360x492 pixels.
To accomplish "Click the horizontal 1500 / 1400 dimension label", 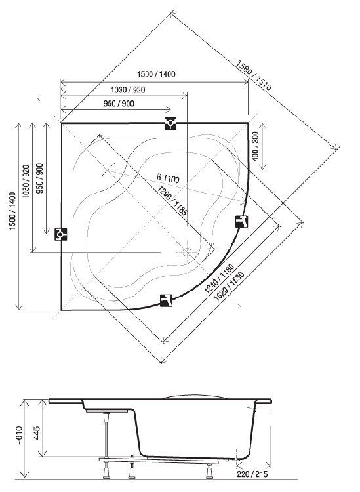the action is pos(156,74).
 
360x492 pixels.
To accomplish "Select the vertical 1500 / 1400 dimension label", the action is pos(12,211).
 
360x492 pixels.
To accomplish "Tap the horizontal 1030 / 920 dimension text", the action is pos(128,90).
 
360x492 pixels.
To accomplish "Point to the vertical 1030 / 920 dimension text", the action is pos(26,181).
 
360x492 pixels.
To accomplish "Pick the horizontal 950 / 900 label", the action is pos(119,104).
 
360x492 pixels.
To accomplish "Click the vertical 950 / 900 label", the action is pos(40,178).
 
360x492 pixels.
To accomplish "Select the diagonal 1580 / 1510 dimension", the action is pos(253,75).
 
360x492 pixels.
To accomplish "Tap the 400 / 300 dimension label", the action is pos(256,146).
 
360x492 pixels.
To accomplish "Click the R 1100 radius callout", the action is pos(168,178).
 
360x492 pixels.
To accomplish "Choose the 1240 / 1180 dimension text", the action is pos(219,278).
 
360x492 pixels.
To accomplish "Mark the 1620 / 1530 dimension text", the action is pos(229,286).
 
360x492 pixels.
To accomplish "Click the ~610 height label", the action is pos(20,435).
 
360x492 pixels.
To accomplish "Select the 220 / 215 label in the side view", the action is pos(252,474).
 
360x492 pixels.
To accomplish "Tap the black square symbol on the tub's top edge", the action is pos(170,123).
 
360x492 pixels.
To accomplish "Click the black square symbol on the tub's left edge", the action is pos(61,234).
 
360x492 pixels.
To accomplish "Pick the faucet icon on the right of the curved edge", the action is pos(242,222).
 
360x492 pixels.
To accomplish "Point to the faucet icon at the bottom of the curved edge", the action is pos(166,300).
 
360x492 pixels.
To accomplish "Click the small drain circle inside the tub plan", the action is pos(187,252).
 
